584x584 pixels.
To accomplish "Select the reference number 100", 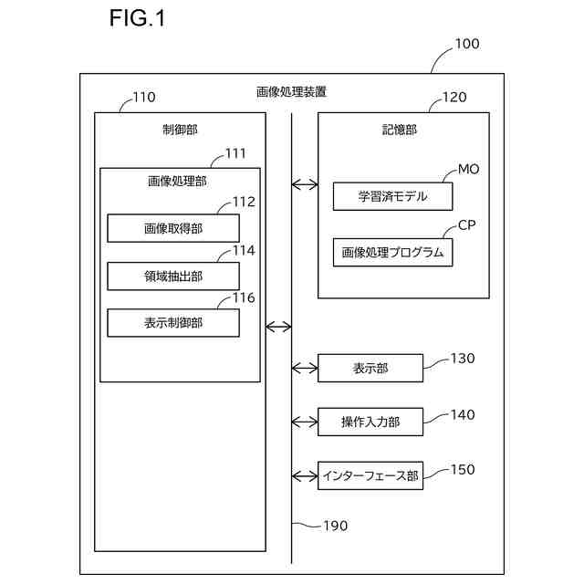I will (x=466, y=44).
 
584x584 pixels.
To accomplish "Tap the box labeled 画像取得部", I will (x=173, y=228).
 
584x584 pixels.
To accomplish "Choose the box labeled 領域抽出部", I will (x=173, y=276).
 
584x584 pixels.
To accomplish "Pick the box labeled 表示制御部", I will (x=173, y=322).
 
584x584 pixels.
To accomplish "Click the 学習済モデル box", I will (x=392, y=196).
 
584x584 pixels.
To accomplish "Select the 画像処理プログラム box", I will (x=392, y=253).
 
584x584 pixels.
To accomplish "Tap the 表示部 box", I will (x=370, y=368).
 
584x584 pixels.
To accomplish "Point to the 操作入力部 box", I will (x=370, y=422).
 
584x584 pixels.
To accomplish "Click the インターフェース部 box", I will (x=370, y=475).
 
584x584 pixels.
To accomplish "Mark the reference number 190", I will (x=335, y=526).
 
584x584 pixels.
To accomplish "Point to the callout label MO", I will (x=468, y=170).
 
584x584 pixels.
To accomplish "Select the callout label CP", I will (x=466, y=224).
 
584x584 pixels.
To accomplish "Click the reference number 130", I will (x=463, y=359).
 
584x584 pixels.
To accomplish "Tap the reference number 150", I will (x=463, y=469).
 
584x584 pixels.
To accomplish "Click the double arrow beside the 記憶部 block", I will (x=305, y=185).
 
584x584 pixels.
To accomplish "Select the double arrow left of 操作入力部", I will (x=305, y=422).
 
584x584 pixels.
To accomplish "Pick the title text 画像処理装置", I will (x=291, y=91).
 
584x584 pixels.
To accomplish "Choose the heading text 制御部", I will (x=180, y=130).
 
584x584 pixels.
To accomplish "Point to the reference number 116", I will (x=243, y=297).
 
